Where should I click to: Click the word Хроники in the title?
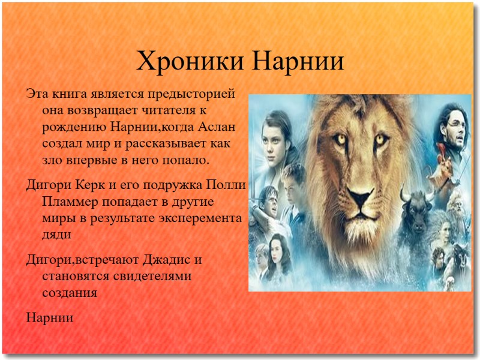(188, 61)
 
